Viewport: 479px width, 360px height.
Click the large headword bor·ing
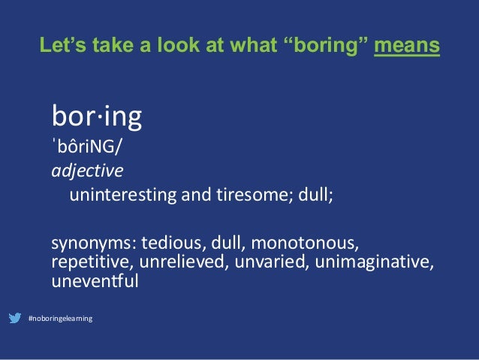click(98, 117)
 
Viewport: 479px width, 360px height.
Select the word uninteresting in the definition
click(119, 196)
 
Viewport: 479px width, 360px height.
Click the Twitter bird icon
click(15, 319)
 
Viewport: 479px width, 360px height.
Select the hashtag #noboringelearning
click(60, 319)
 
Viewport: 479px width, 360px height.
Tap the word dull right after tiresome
click(310, 196)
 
